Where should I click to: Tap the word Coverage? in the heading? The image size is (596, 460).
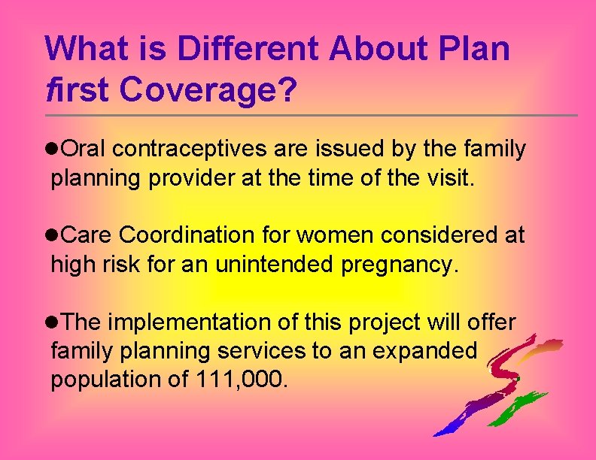pos(208,90)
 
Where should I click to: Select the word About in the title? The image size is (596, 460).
pos(376,50)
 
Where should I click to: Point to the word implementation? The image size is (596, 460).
pos(180,322)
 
